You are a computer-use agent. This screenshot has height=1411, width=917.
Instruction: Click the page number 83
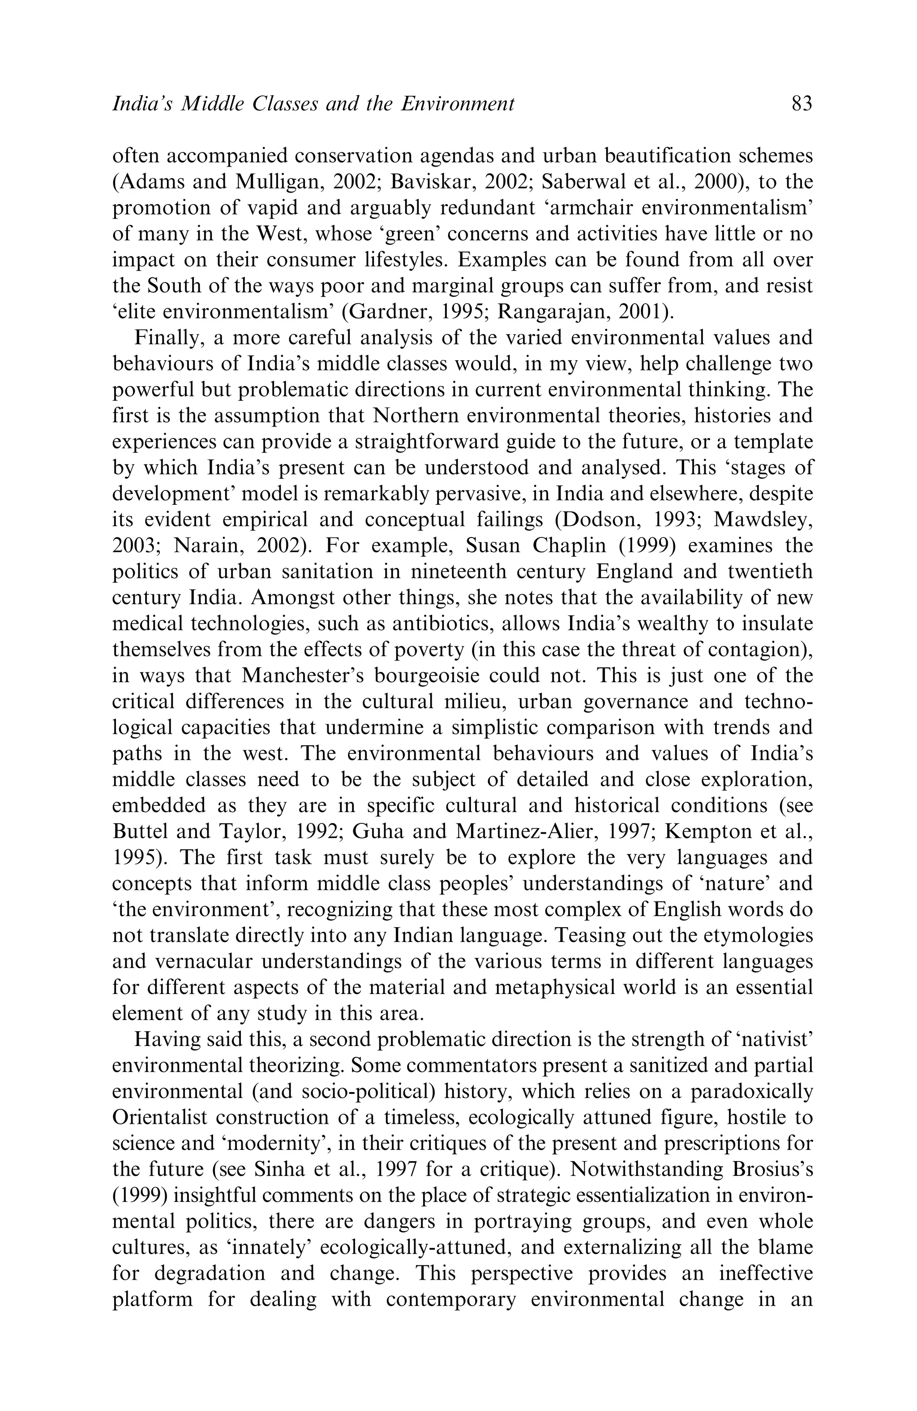801,104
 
